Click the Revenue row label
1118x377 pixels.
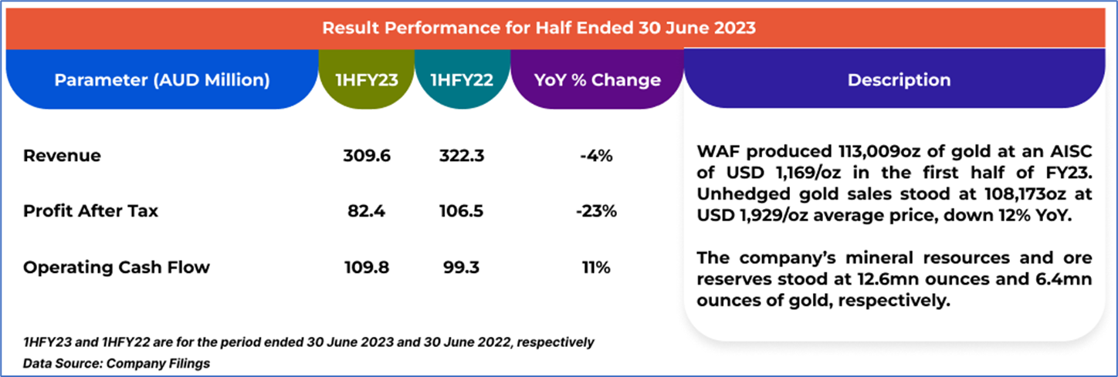[x=62, y=156]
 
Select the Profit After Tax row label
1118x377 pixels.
[x=90, y=210]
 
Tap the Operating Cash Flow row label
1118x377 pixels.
[x=116, y=268]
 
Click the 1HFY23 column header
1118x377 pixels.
[x=368, y=80]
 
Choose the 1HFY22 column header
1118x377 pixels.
[x=462, y=80]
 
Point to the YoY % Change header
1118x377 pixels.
[x=597, y=80]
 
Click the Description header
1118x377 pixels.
[x=899, y=80]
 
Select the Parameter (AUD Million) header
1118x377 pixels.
[x=162, y=80]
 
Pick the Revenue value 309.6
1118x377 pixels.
[x=367, y=156]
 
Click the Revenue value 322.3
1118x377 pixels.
[x=461, y=156]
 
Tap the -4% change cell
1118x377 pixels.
[x=596, y=156]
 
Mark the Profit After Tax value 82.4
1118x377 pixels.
[x=367, y=210]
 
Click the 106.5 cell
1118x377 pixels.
[x=461, y=210]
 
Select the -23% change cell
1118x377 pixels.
[x=596, y=210]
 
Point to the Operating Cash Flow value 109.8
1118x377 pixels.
[x=367, y=268]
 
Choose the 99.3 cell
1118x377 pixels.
[x=461, y=268]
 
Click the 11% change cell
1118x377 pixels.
[x=596, y=268]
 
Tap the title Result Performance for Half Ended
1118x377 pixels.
[x=538, y=29]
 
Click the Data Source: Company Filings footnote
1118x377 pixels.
[x=117, y=362]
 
